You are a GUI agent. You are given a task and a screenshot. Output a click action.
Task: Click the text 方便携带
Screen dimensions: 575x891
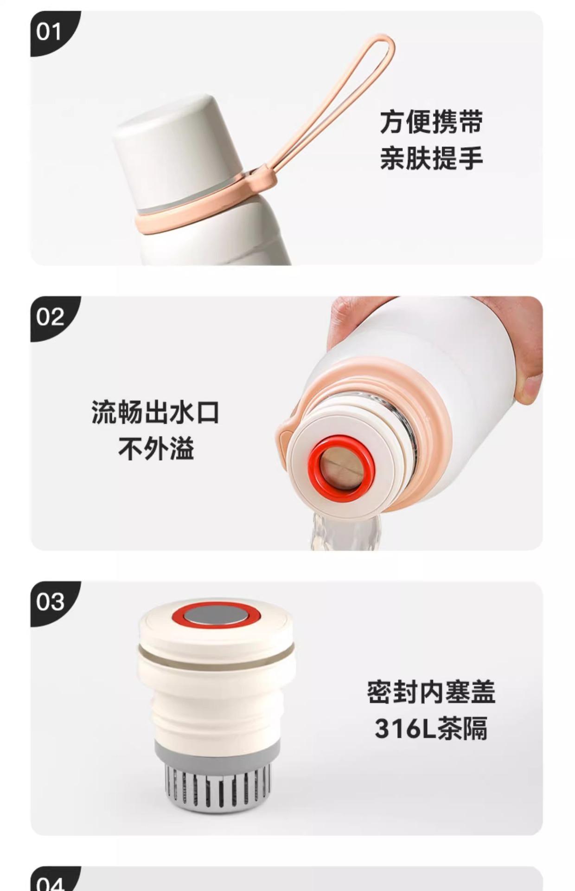tap(431, 122)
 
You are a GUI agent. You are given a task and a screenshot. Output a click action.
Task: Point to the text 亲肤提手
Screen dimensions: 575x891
tap(431, 158)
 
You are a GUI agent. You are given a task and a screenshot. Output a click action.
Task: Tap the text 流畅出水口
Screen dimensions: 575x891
tap(155, 412)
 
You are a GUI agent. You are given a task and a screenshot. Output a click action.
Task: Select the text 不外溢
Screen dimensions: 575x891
tap(156, 449)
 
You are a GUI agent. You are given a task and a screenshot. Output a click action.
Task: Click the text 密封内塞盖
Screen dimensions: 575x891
tap(431, 692)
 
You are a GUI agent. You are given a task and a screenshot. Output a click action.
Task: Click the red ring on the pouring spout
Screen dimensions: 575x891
tap(342, 469)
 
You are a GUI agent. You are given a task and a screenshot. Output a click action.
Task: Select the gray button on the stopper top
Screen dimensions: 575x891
tap(216, 615)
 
